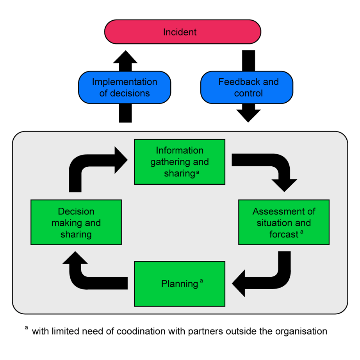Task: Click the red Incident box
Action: (x=182, y=32)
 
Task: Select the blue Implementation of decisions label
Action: (x=125, y=87)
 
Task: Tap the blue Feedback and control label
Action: (x=248, y=87)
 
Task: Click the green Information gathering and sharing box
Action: (x=180, y=162)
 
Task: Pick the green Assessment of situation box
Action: (x=284, y=222)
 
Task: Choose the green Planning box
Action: (x=180, y=284)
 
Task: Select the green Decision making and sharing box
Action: (x=76, y=222)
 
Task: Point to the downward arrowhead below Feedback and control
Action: (x=248, y=116)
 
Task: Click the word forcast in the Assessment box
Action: (x=283, y=234)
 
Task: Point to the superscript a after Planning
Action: (x=201, y=281)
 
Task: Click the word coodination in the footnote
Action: (x=136, y=331)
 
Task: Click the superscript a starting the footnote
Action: (x=27, y=328)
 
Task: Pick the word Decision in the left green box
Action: (x=76, y=211)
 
